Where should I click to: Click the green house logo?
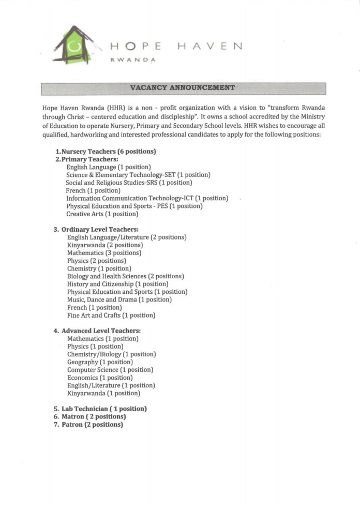pos(74,46)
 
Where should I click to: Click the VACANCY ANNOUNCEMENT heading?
pos(183,88)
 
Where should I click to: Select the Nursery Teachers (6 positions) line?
pos(106,152)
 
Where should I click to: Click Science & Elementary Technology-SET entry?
pos(138,175)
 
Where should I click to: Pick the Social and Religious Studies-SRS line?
pos(129,183)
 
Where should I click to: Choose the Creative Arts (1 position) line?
pos(102,214)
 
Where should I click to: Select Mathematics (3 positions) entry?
pos(104,253)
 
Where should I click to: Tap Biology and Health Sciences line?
pos(125,276)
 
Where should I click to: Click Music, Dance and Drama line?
pos(119,300)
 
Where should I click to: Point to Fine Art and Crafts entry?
pos(111,315)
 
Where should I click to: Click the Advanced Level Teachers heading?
pos(97,331)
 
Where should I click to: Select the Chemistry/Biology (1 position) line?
pos(111,354)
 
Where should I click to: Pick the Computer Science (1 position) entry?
pos(110,370)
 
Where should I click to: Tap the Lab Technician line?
pos(100,409)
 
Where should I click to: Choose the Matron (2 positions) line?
pos(90,416)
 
